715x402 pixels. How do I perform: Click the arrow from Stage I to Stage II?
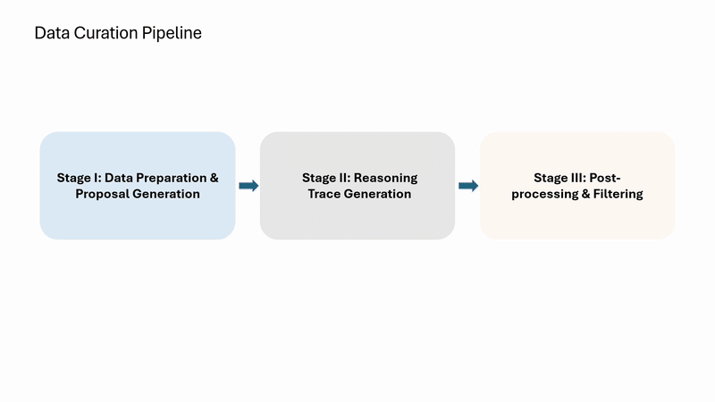click(x=248, y=186)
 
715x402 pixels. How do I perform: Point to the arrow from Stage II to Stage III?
click(x=467, y=186)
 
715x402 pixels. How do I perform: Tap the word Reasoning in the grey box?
click(x=386, y=178)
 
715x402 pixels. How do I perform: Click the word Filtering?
click(x=615, y=194)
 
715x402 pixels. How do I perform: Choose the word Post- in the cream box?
click(x=606, y=178)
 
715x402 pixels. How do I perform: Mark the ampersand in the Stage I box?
click(x=214, y=178)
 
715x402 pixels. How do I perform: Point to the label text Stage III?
click(x=560, y=178)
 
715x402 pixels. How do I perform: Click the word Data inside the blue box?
click(x=120, y=178)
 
